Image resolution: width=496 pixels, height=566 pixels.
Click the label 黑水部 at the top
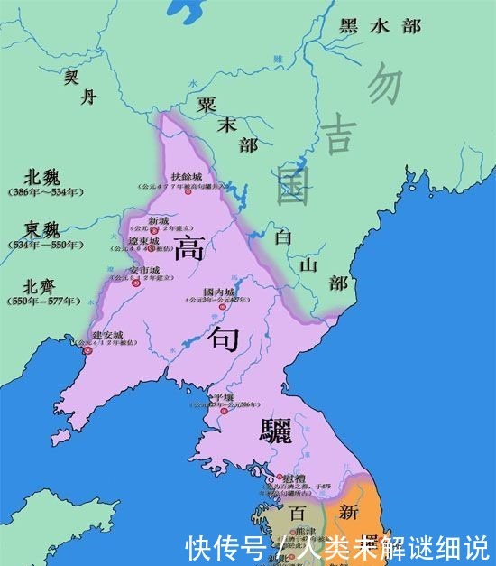pos(380,26)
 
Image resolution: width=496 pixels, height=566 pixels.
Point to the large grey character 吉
pos(340,135)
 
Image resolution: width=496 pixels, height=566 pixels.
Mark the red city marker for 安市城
pos(136,283)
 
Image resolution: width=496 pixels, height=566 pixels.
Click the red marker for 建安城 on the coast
pos(87,350)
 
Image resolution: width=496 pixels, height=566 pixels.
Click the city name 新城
pos(158,221)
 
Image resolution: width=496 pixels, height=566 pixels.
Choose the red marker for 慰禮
pos(271,478)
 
